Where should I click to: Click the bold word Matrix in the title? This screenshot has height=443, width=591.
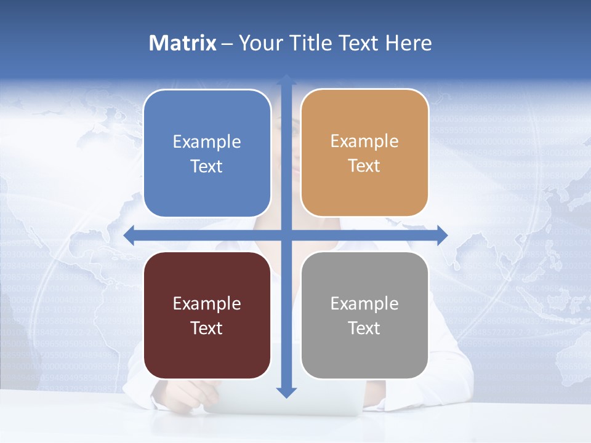click(183, 43)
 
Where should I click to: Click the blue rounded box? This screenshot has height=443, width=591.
click(207, 153)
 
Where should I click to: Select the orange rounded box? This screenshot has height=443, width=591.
click(364, 153)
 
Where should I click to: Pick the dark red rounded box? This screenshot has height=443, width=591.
click(207, 315)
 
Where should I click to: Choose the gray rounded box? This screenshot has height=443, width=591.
click(364, 315)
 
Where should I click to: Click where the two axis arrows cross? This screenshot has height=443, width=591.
click(286, 235)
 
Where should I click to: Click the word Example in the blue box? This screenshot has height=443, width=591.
click(207, 142)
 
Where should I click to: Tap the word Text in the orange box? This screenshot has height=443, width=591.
click(364, 166)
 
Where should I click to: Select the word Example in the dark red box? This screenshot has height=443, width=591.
click(207, 303)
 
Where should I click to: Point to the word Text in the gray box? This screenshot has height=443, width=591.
click(364, 328)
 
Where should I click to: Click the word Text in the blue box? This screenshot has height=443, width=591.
click(207, 166)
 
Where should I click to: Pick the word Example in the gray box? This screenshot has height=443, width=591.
click(364, 303)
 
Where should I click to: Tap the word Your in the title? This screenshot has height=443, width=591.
click(258, 43)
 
